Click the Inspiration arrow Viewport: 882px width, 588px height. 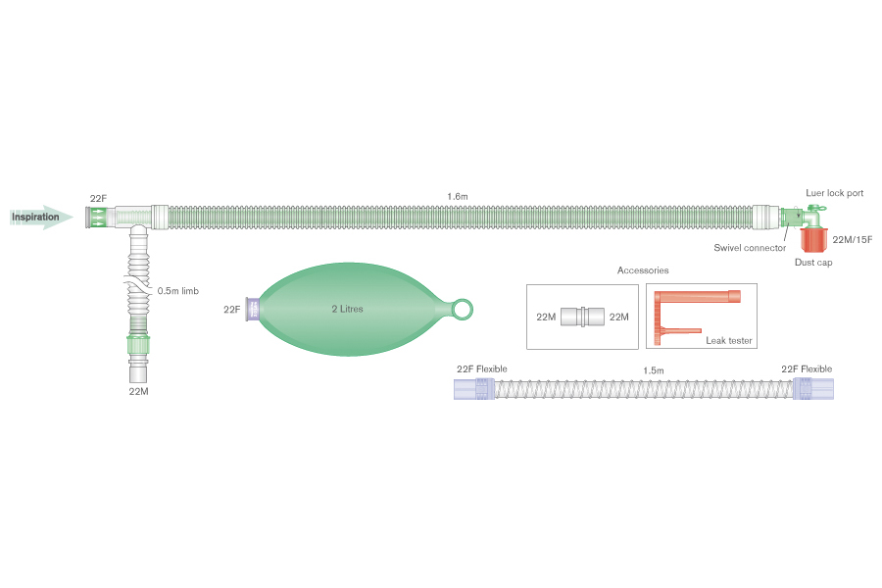[42, 217]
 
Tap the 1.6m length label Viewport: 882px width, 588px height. [457, 197]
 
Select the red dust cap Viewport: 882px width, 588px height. [813, 239]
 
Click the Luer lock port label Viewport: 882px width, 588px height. [834, 194]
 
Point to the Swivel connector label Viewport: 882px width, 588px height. [750, 248]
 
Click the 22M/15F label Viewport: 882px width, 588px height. [850, 239]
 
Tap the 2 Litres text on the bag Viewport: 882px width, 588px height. [347, 309]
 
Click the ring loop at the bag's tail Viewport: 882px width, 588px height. [463, 310]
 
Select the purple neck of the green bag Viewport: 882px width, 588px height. [253, 310]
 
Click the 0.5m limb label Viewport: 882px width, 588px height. [178, 290]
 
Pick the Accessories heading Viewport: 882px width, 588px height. [643, 270]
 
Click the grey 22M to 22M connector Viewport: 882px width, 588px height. [583, 317]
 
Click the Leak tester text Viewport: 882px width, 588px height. [728, 340]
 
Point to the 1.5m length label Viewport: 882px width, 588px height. [653, 370]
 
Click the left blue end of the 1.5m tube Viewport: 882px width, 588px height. [472, 389]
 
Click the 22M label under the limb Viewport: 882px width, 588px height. [138, 391]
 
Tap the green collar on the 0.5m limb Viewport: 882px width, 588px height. [138, 346]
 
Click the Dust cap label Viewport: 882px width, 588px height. [812, 263]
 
